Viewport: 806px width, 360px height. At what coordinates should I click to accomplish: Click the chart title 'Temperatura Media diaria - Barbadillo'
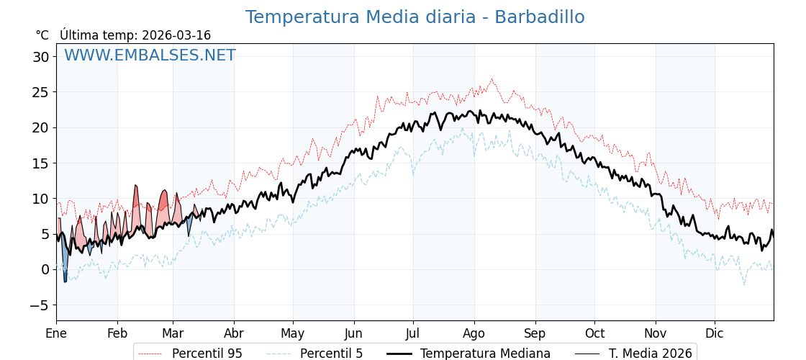pyautogui.click(x=415, y=17)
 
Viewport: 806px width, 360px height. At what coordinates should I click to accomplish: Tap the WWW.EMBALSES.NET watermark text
pyautogui.click(x=150, y=55)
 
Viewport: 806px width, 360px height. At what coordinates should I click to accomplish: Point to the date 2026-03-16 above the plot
pyautogui.click(x=176, y=35)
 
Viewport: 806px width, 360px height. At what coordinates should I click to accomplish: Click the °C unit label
pyautogui.click(x=42, y=35)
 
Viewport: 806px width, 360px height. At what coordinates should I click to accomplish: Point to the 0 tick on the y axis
pyautogui.click(x=45, y=270)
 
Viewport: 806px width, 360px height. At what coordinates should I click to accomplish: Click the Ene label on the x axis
pyautogui.click(x=56, y=333)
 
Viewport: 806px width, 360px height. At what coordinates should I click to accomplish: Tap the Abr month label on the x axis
pyautogui.click(x=234, y=333)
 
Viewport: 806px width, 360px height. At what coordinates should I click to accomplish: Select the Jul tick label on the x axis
pyautogui.click(x=413, y=333)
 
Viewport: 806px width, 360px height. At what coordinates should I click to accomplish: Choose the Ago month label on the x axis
pyautogui.click(x=474, y=333)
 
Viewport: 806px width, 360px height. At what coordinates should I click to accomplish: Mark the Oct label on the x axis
pyautogui.click(x=594, y=333)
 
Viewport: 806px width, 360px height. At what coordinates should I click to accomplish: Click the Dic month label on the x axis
pyautogui.click(x=715, y=333)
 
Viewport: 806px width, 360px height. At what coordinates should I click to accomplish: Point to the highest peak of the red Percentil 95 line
pyautogui.click(x=492, y=79)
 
